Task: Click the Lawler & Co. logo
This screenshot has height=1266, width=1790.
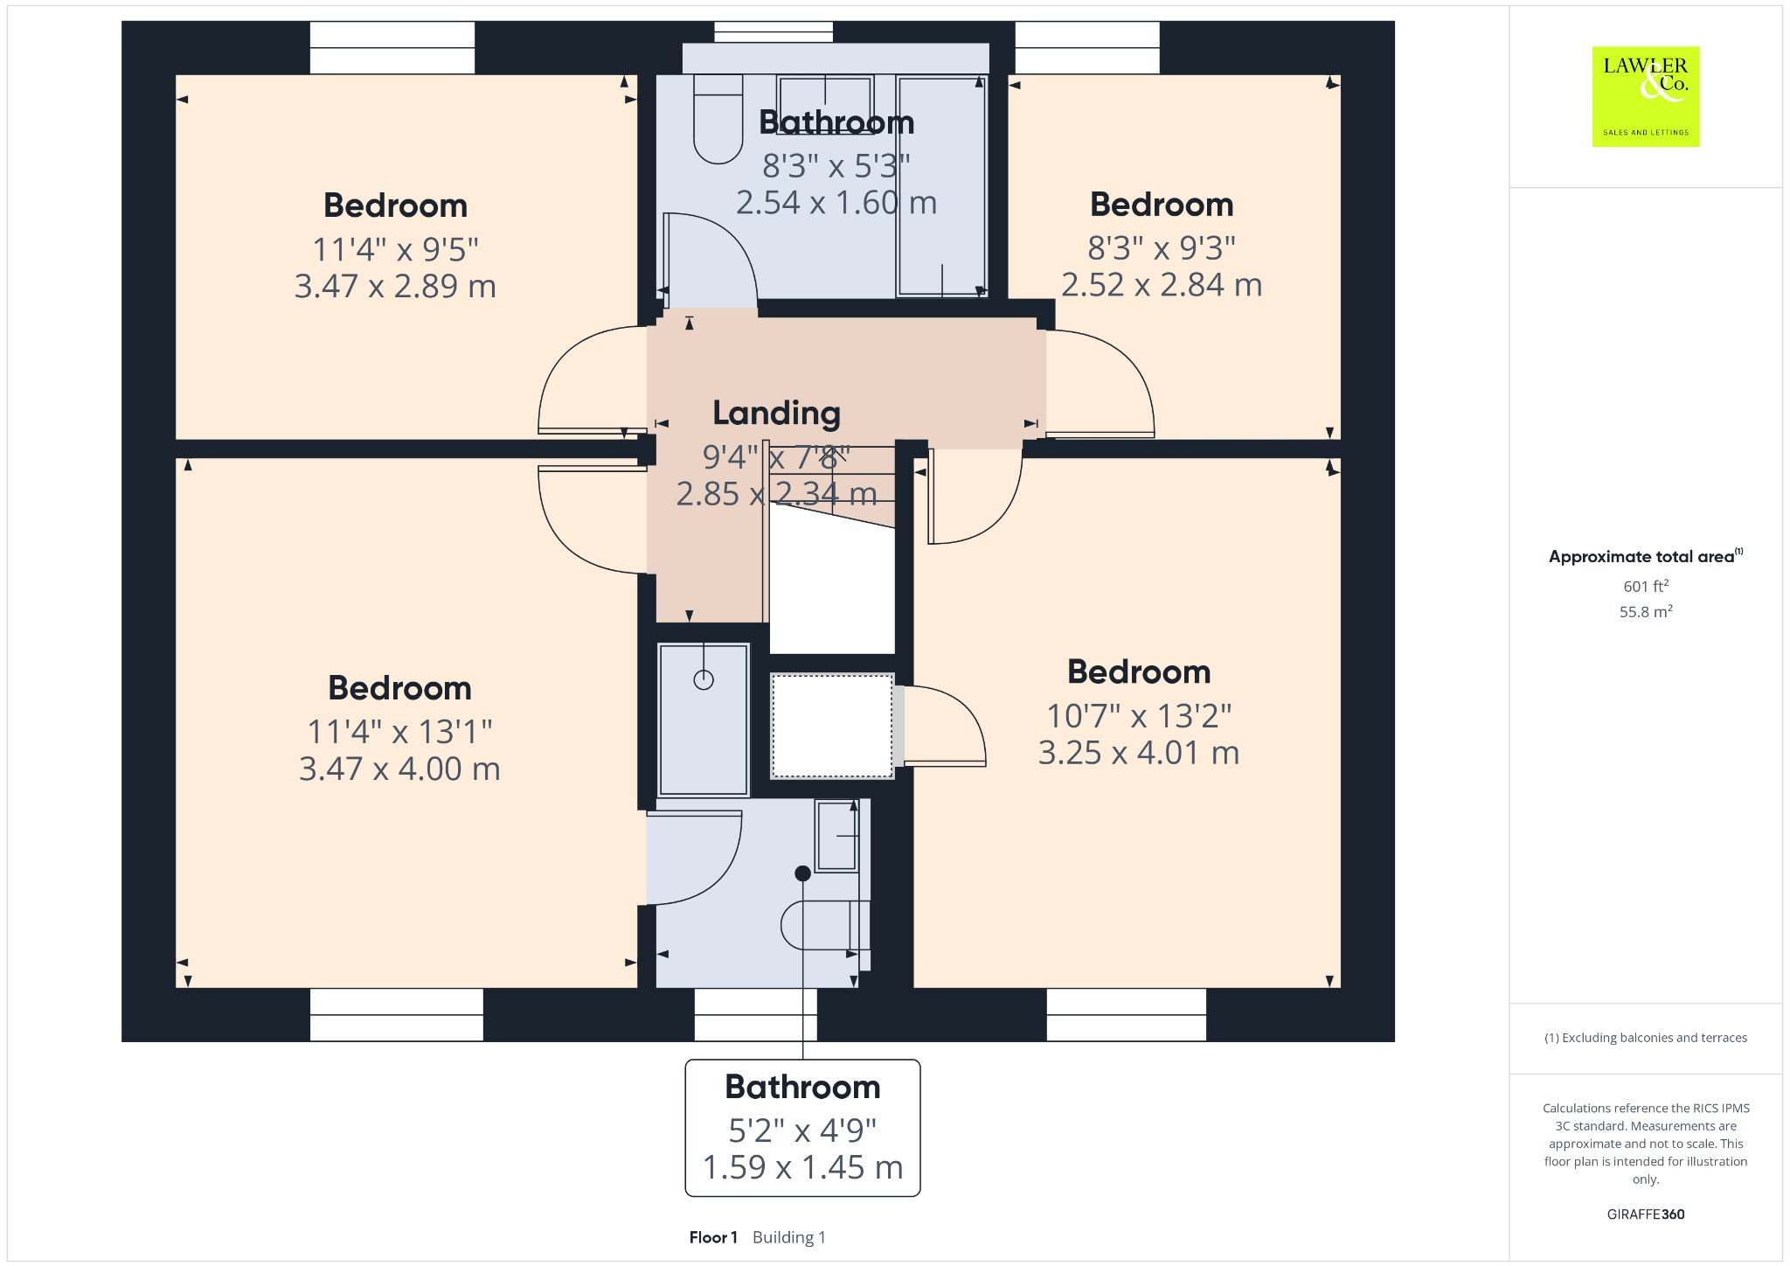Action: pos(1645,96)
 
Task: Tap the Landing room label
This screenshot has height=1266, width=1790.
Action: pos(776,413)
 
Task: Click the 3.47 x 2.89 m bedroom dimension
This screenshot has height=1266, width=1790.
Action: pos(395,286)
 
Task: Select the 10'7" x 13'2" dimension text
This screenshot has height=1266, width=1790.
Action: pos(1139,716)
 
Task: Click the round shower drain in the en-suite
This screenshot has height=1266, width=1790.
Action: pos(704,679)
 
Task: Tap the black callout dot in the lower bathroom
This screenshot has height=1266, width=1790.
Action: pos(802,873)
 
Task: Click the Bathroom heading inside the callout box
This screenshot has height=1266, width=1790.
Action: pos(802,1087)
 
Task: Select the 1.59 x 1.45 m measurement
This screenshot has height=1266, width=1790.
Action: pos(802,1167)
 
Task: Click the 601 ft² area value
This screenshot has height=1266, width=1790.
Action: pos(1645,586)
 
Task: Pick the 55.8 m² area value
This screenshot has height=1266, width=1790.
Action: pos(1645,611)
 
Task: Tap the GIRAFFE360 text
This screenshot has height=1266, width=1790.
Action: pos(1645,1214)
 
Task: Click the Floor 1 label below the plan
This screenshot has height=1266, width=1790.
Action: pos(713,1237)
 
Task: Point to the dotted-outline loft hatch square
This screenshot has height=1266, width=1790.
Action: pos(831,725)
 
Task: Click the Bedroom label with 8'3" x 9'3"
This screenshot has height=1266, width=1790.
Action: pos(1162,205)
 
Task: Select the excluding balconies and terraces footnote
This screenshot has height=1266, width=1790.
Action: pos(1645,1038)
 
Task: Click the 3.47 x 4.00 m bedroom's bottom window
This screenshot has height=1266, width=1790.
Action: pos(396,1014)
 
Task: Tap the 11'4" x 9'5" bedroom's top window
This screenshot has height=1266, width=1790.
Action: pos(392,48)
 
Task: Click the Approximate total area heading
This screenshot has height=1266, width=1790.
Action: pos(1641,557)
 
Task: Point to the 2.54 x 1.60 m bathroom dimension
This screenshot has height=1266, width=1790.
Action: pos(836,203)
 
